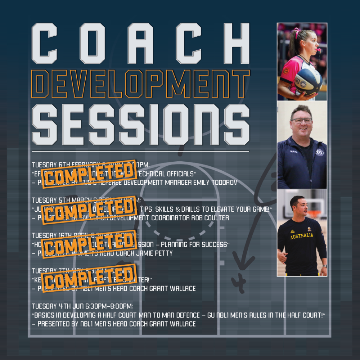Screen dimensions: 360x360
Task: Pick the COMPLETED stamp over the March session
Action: [x=90, y=208]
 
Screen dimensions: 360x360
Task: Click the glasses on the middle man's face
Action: [x=302, y=121]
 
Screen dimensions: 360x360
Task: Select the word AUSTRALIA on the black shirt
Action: [x=301, y=236]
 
